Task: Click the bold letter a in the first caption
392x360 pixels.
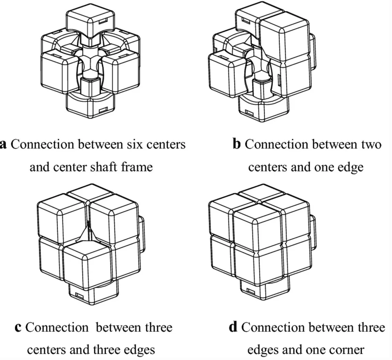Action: click(x=3, y=145)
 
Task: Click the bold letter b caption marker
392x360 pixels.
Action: click(x=236, y=145)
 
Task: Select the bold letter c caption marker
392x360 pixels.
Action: click(x=17, y=327)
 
